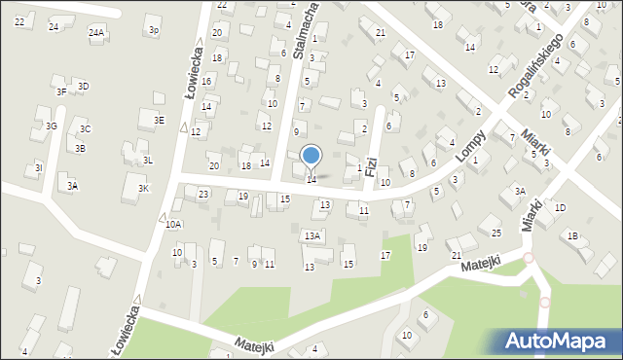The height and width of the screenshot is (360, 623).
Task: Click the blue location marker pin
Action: pos(311,156)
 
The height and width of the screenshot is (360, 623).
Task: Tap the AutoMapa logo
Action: pos(560,342)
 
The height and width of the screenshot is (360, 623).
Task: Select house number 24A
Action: pos(96,32)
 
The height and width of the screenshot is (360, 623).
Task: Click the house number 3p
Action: pos(154,30)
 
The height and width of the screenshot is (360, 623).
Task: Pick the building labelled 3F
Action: pos(61,91)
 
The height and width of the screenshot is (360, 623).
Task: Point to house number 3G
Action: pos(52,126)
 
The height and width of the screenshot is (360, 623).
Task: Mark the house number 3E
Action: pos(159,120)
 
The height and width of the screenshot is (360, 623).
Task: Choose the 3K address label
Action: pos(143,188)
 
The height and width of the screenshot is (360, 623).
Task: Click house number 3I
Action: pos(38,168)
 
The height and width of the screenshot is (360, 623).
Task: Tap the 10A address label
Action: pos(173,224)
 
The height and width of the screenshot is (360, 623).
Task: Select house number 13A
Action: pos(311,235)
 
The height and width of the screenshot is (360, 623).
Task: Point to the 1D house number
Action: pos(560,208)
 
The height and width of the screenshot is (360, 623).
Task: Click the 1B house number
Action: pos(573,235)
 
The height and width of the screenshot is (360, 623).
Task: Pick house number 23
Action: pos(203,195)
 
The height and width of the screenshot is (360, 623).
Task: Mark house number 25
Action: pos(496,232)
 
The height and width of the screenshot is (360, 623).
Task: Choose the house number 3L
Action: pos(148,160)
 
